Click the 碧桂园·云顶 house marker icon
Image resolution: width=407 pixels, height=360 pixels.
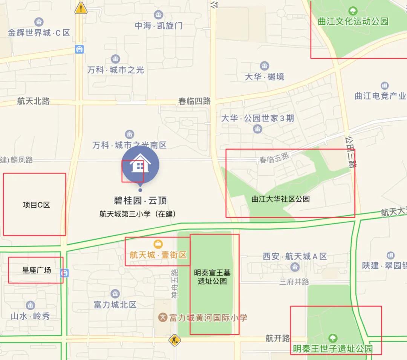140,165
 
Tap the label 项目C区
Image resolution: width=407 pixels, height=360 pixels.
36,205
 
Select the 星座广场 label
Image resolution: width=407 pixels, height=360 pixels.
37,270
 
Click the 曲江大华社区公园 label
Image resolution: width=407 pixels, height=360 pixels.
280,199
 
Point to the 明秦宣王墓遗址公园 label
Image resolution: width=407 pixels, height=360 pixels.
212,277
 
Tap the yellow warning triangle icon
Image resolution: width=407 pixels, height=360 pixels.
81,8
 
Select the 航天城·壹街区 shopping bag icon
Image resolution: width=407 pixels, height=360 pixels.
158,244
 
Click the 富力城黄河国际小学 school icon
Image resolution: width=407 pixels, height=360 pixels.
163,317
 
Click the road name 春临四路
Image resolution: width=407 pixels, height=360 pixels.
194,101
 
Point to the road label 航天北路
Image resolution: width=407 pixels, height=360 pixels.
33,101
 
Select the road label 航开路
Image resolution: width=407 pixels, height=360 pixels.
278,338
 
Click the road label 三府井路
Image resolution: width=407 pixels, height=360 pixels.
294,281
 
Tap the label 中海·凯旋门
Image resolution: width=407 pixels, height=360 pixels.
159,26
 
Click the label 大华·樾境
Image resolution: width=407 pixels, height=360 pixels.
265,77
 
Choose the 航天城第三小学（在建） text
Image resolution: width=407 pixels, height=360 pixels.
138,214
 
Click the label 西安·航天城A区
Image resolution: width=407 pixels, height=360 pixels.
295,256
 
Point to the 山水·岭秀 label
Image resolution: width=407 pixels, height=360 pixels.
30,316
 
